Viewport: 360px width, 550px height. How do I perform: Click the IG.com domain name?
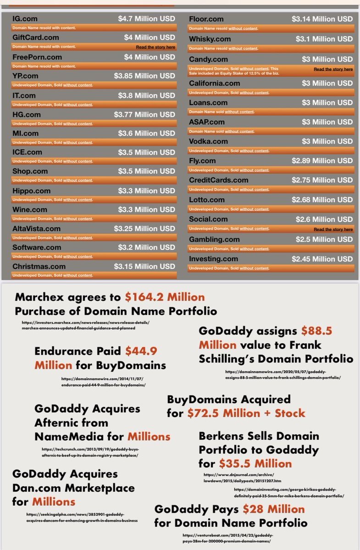25,19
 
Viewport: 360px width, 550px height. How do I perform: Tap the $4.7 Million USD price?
146,19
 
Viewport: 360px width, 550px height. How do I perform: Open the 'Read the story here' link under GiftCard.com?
155,47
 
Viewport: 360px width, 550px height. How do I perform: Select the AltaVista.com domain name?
36,228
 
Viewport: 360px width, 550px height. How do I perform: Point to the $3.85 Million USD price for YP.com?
144,76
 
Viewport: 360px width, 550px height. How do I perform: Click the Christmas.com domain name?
39,266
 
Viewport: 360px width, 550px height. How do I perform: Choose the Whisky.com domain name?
210,39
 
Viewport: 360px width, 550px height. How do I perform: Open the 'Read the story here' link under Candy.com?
333,69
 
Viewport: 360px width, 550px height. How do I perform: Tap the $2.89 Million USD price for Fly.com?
322,160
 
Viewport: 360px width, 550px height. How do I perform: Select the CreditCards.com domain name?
219,180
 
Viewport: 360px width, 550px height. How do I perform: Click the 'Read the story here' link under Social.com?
333,229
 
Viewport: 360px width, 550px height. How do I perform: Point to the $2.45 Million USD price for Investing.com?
322,259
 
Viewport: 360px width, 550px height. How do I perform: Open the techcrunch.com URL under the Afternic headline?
89,453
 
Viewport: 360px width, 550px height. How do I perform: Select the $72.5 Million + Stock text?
246,413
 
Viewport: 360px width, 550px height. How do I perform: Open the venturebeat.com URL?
227,538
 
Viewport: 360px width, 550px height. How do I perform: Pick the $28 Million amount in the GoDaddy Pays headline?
273,509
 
